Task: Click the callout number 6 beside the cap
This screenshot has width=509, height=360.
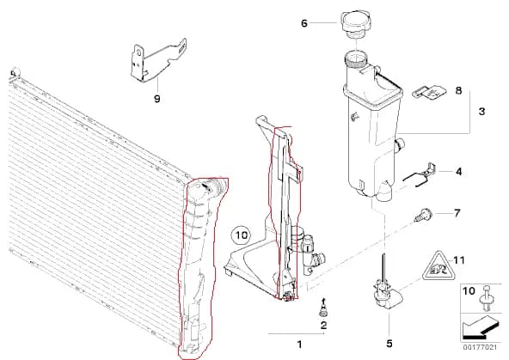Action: click(x=304, y=23)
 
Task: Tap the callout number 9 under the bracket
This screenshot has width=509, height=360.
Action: click(x=157, y=99)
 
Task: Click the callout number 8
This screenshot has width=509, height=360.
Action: click(x=458, y=90)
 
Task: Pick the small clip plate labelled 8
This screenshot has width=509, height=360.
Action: click(x=429, y=91)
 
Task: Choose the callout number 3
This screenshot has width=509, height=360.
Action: click(x=482, y=111)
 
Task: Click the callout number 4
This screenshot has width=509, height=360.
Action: click(x=458, y=171)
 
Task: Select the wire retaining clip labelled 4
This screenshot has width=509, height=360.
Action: click(x=419, y=175)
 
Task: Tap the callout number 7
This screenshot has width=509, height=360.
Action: click(x=457, y=213)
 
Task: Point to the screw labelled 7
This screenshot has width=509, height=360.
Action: click(x=423, y=215)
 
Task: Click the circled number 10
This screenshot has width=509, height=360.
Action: click(x=242, y=235)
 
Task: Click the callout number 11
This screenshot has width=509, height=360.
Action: click(x=459, y=260)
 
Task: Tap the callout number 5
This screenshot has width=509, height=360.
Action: click(x=389, y=343)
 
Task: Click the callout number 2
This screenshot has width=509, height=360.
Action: click(x=323, y=326)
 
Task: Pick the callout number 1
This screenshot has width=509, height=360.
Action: click(x=299, y=345)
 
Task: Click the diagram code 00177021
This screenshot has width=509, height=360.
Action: click(x=480, y=347)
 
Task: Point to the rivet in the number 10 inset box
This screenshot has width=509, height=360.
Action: click(x=487, y=298)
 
